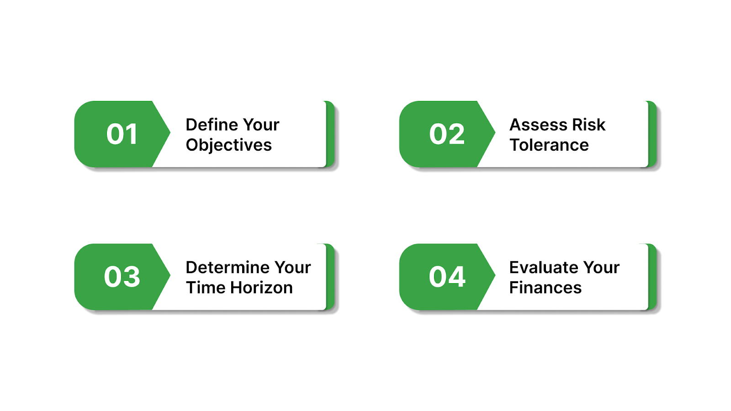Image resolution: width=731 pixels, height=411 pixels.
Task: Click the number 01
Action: point(122,134)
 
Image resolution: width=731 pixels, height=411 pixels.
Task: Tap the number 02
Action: point(447,134)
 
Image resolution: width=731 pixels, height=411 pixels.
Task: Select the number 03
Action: point(122,277)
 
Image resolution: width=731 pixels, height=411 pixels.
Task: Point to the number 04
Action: point(447,277)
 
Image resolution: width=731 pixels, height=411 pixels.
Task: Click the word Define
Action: point(212,125)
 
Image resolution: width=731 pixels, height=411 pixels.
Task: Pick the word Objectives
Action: point(228,145)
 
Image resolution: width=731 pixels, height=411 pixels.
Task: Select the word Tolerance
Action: point(549,145)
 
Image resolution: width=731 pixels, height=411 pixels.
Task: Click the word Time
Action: point(206,288)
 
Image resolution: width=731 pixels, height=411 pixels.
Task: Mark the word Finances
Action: point(546,288)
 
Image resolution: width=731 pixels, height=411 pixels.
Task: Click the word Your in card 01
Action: point(261,125)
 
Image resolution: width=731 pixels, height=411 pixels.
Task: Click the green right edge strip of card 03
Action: point(330,277)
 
